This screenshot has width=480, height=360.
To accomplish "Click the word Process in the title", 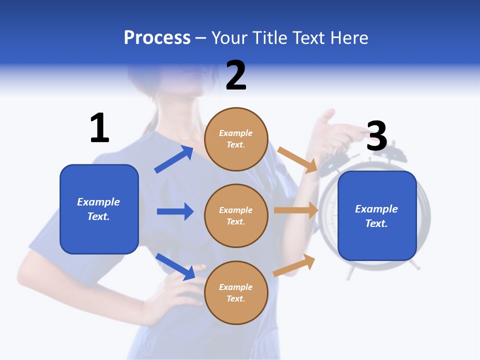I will pos(157,37).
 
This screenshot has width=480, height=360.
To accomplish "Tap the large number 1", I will pos(99,128).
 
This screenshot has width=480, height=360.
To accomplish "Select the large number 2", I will pos(236,75).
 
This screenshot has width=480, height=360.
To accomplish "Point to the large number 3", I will pos(376,136).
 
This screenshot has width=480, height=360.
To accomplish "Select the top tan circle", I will pos(236,139).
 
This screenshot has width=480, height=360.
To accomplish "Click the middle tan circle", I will pos(236,216).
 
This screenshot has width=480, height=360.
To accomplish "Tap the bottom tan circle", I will pos(236,293).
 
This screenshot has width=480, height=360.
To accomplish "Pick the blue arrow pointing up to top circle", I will pos(174,159).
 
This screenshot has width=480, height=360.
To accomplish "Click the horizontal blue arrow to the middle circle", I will pos(175,211).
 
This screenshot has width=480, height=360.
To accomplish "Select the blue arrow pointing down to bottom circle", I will pos(175,266).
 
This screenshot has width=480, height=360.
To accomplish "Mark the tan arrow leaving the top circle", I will pos(297,159).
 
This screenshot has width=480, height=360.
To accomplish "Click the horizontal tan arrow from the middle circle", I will pos(295,210).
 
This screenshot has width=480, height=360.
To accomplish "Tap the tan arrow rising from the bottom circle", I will pos(294,265).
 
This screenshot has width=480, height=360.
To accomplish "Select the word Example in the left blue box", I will pos(98,202).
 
